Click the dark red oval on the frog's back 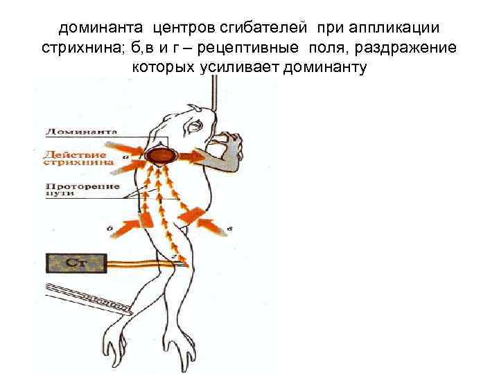(162, 155)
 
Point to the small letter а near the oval (125, 157)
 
